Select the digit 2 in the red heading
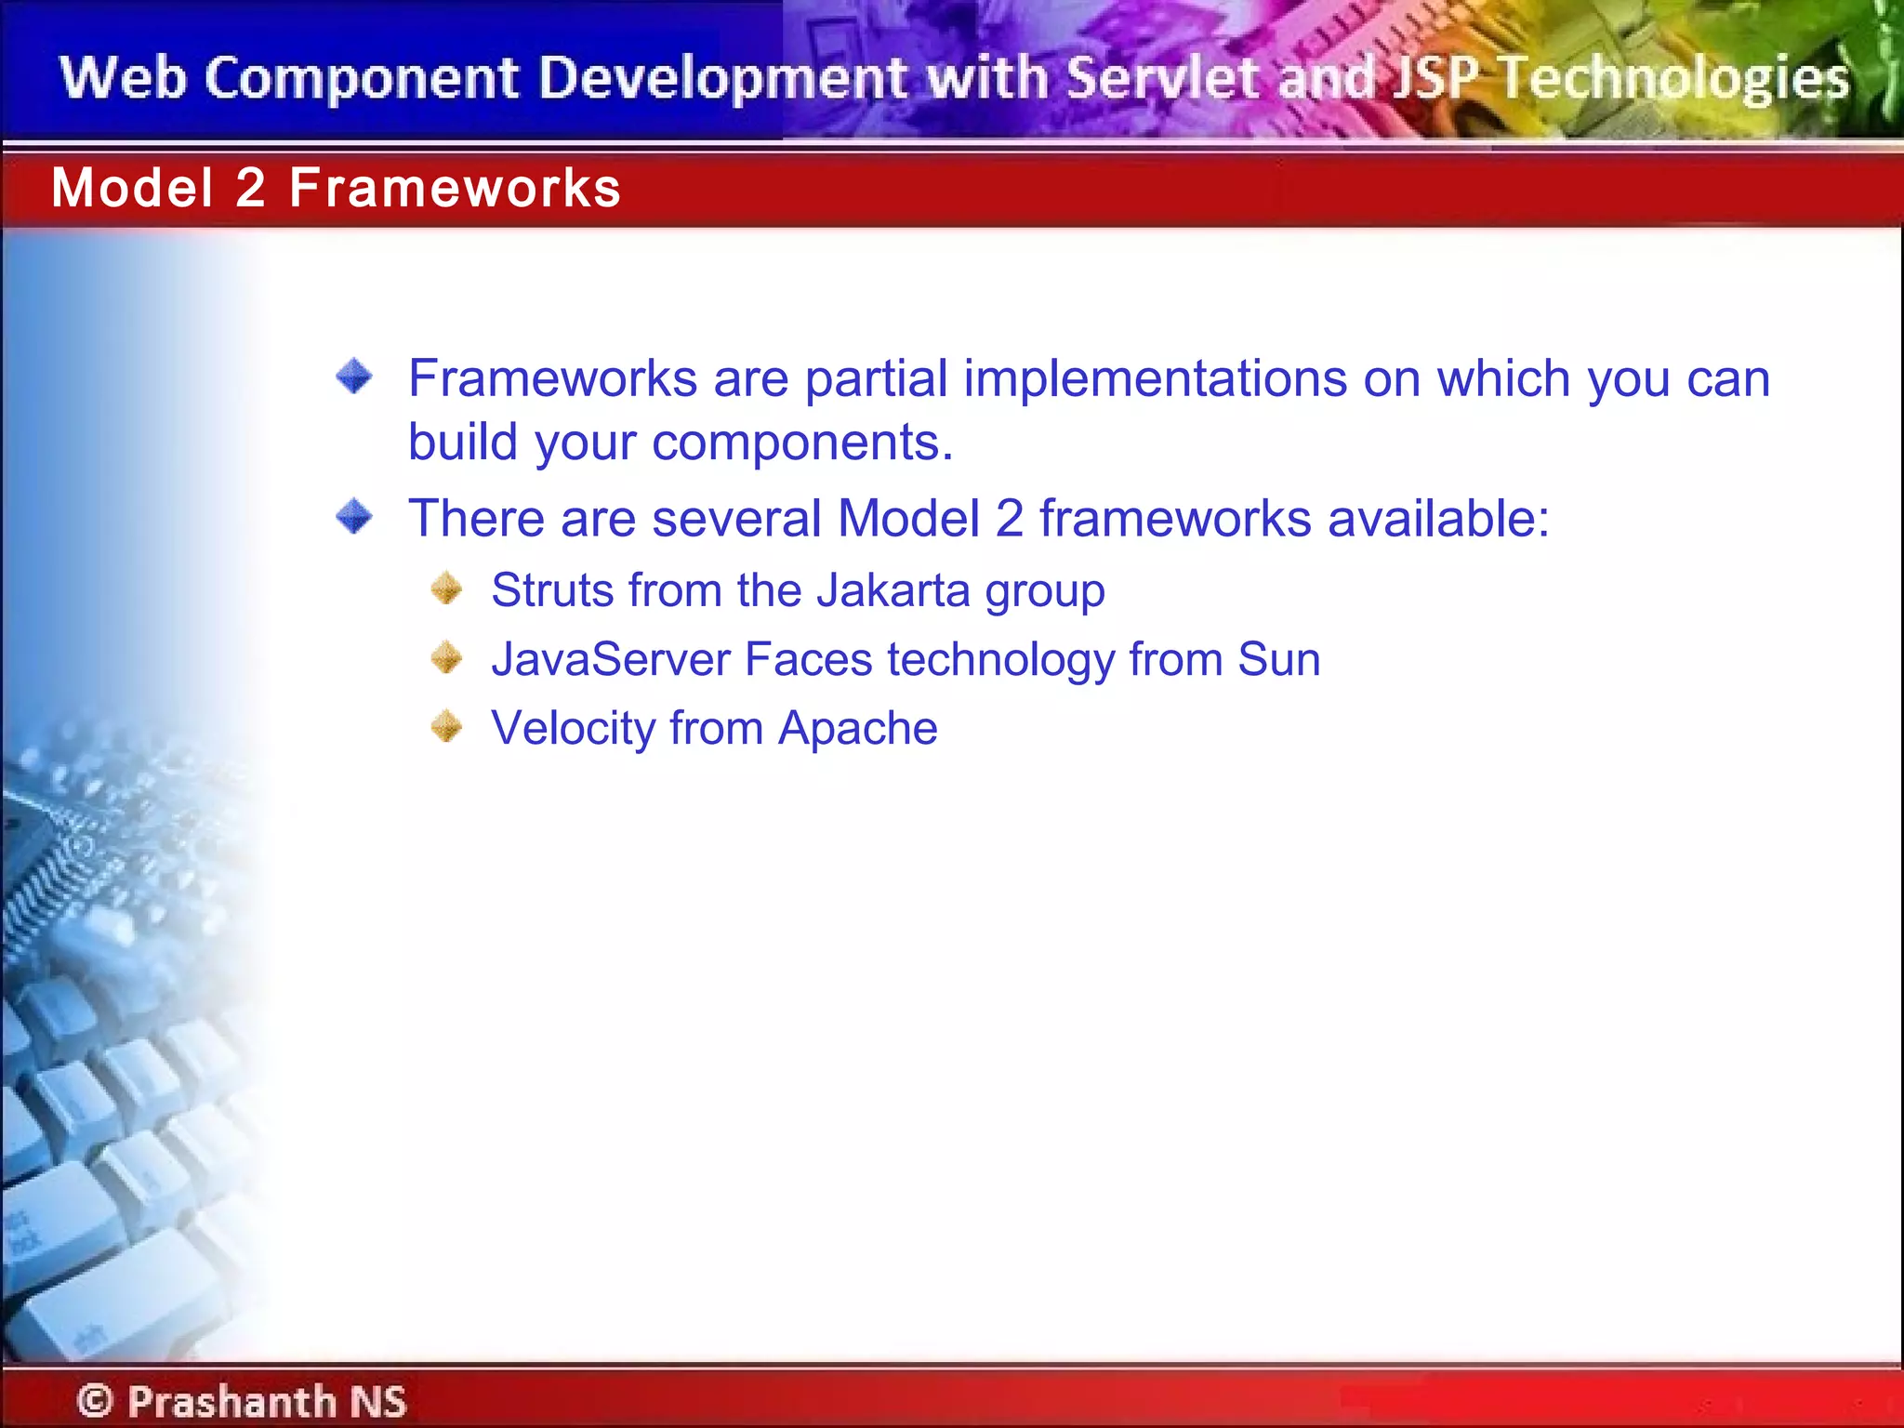click(250, 188)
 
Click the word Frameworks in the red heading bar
click(455, 188)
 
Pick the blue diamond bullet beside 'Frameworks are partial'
click(354, 377)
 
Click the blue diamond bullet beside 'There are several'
click(354, 516)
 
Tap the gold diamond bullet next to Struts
click(447, 588)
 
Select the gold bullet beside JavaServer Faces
click(447, 657)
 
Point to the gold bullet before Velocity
click(447, 726)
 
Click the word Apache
click(857, 728)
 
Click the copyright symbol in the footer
click(95, 1400)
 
